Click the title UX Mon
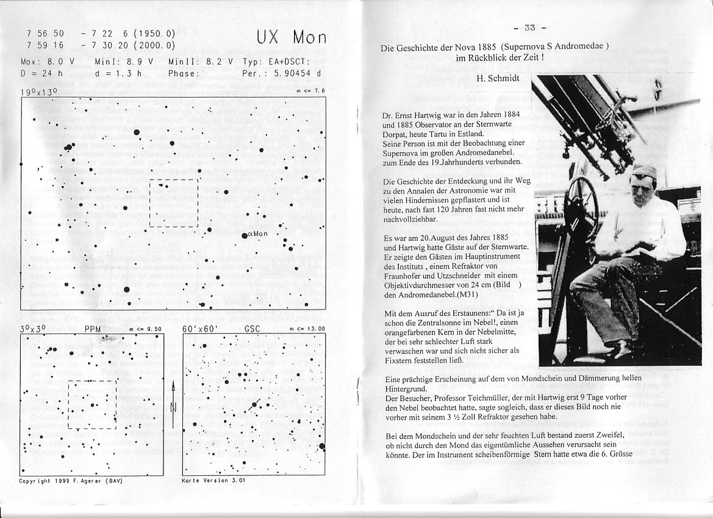point(291,37)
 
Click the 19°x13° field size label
point(38,92)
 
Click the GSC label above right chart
point(252,328)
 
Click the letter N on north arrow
point(174,408)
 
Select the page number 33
point(529,27)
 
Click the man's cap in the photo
point(643,171)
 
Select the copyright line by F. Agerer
point(71,480)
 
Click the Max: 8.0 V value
point(48,62)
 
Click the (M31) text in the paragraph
point(467,294)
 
